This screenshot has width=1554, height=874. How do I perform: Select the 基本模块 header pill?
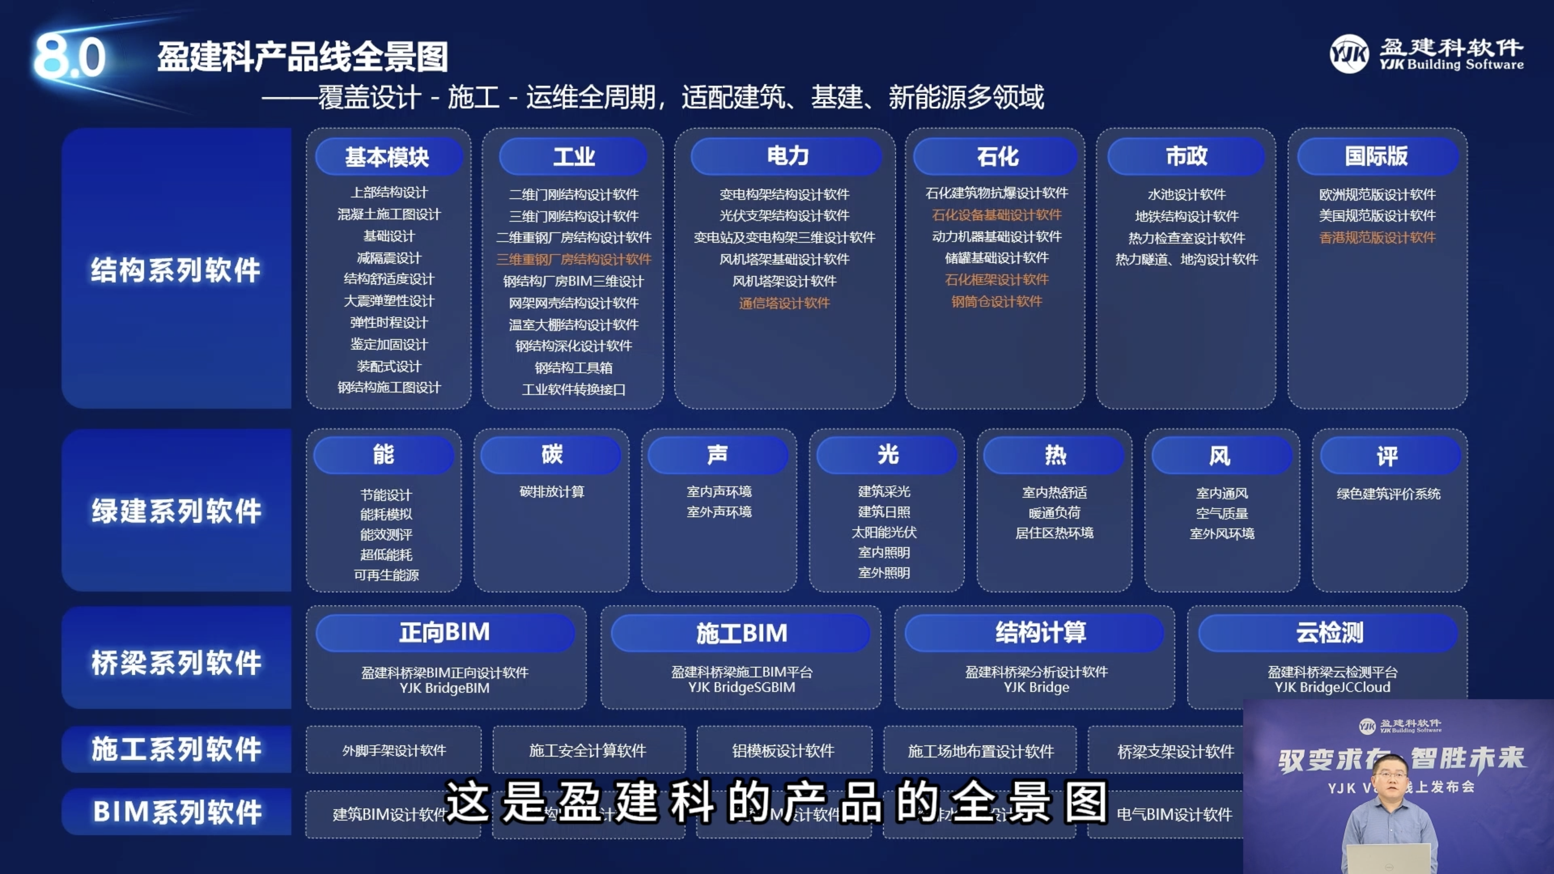[388, 157]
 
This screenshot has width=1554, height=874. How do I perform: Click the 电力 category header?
[787, 156]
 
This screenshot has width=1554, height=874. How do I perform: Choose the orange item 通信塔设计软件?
[784, 303]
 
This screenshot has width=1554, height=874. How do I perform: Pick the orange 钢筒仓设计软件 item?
[996, 302]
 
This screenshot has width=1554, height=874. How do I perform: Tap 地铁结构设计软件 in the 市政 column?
[1186, 216]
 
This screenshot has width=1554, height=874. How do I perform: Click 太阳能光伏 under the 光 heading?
[884, 532]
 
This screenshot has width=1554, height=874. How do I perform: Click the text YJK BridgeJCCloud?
[1332, 687]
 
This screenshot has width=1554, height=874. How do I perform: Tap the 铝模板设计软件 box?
[783, 750]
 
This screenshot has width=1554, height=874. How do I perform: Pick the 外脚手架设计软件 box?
[393, 750]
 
